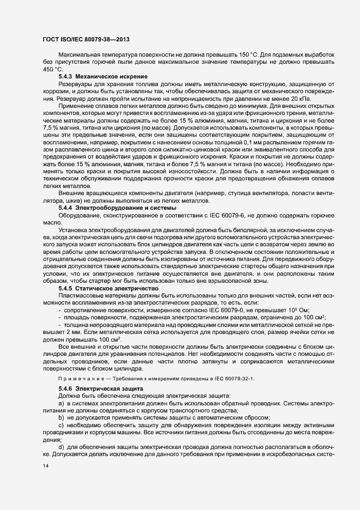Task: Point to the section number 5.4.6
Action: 66,387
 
